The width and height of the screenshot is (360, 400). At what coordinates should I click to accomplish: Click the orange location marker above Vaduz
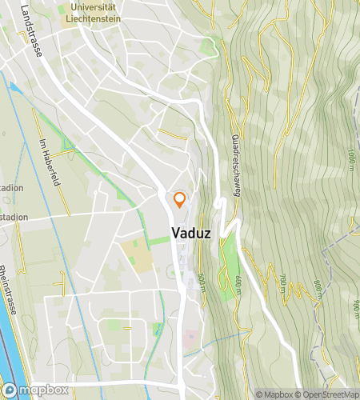coord(179,200)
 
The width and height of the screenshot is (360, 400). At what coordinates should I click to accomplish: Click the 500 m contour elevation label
coord(200,282)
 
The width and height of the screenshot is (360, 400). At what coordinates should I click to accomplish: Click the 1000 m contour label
coord(350,160)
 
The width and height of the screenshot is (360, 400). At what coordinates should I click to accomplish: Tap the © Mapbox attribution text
coord(274,394)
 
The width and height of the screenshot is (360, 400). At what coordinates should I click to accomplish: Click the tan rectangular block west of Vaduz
coord(136,256)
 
